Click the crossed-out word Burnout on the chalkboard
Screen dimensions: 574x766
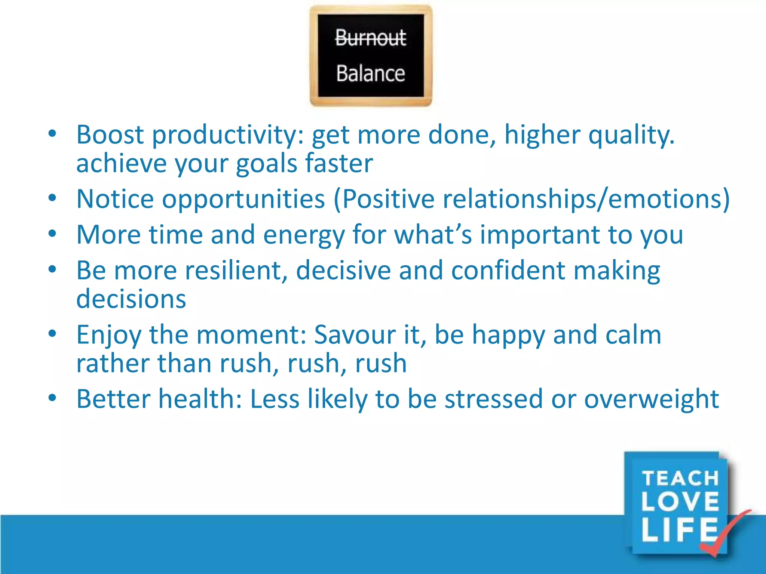pos(370,38)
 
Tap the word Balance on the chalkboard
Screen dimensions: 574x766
pos(370,73)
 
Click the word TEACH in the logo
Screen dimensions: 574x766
pos(680,478)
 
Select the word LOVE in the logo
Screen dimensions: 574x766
pos(680,502)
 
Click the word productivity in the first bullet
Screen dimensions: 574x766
pos(224,135)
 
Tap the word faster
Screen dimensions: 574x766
pos(339,163)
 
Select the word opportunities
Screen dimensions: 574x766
pos(243,199)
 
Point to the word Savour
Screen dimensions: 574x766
pos(355,334)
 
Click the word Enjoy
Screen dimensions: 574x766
pos(109,335)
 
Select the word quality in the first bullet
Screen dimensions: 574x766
pos(631,135)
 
